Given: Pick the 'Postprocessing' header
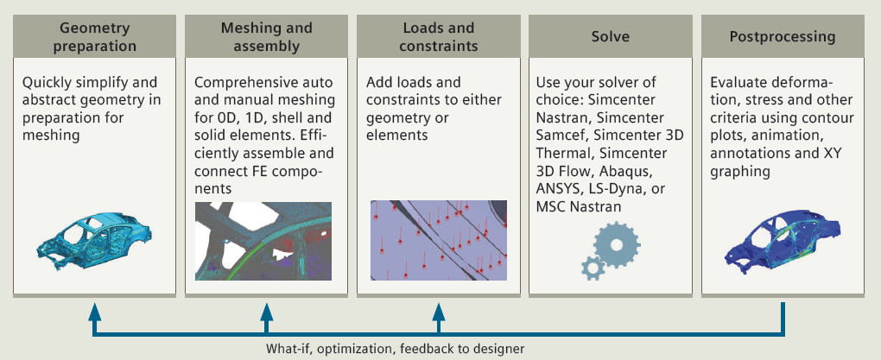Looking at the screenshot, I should click(x=782, y=37).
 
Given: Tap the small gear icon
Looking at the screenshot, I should click(x=593, y=267).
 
